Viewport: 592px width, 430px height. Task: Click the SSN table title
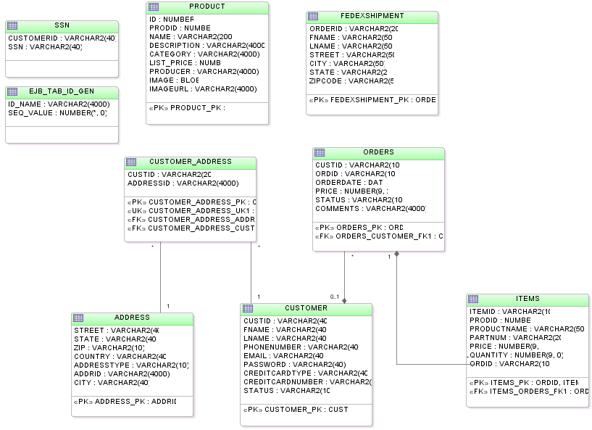[x=62, y=25]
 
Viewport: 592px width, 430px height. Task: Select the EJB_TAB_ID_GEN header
[x=62, y=92]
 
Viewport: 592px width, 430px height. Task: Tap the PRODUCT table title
[x=207, y=7]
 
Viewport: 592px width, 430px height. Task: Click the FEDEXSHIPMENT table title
[x=372, y=16]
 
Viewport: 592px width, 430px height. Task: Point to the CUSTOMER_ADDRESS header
[x=191, y=162]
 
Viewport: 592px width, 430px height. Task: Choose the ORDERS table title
[x=378, y=152]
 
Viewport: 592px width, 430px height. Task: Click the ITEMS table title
[x=528, y=299]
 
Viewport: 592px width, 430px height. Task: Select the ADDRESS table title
[x=132, y=318]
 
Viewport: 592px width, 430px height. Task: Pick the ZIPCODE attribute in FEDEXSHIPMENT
[x=351, y=81]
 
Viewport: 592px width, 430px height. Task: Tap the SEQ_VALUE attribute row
[x=57, y=113]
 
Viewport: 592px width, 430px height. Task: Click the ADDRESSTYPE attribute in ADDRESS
[x=131, y=365]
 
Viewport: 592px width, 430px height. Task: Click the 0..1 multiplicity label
[x=334, y=297]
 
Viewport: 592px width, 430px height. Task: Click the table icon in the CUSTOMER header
[x=248, y=308]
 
